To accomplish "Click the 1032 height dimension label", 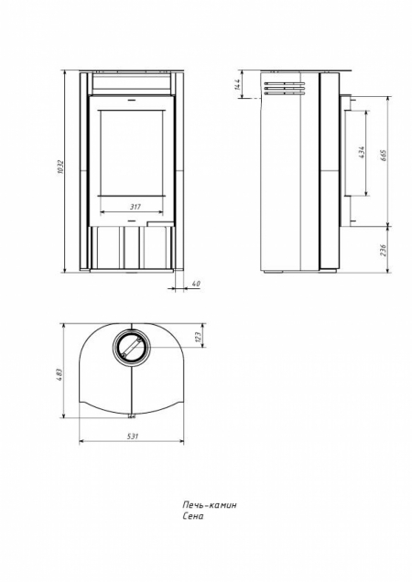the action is pos(61,167).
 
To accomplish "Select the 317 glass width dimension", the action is pos(136,207).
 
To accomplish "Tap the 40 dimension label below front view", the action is pos(196,284).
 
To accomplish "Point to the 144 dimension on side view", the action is pos(238,84).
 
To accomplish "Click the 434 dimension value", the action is pos(362,153).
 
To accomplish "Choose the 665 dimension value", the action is pos(384,156).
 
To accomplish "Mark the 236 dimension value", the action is pos(384,250).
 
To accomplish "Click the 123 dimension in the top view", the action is pos(198,336).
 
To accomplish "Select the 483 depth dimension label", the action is pos(60,373).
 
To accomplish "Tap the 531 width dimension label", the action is pos(132,436).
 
